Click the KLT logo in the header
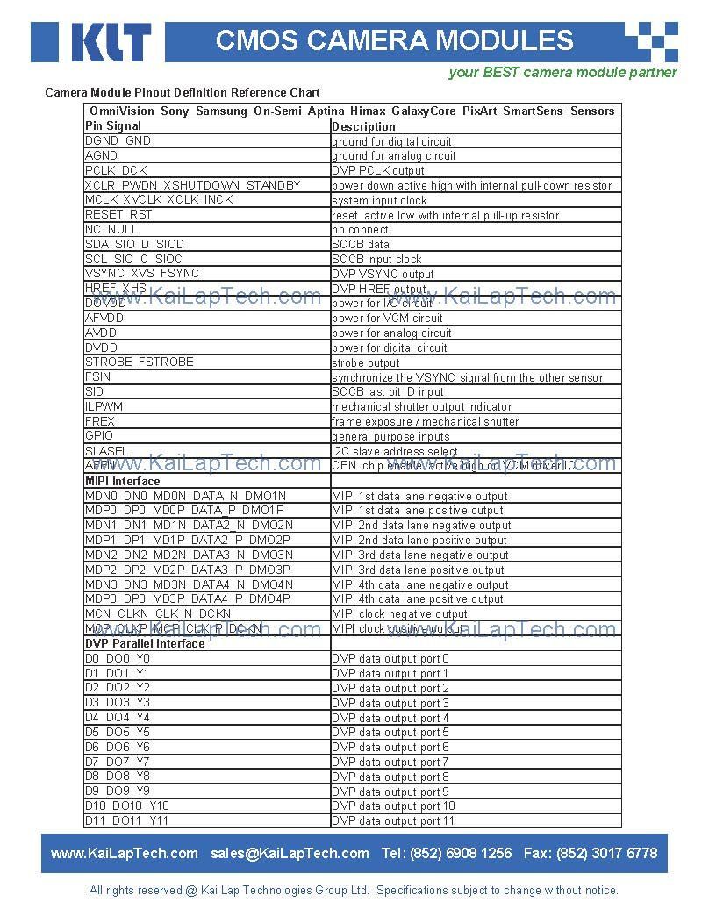click(110, 42)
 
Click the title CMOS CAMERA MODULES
click(394, 40)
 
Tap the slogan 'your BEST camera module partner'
click(562, 73)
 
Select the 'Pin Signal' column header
click(113, 126)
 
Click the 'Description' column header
click(363, 126)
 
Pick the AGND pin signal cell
click(102, 155)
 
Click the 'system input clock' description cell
click(379, 200)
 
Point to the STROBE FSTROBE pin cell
click(140, 362)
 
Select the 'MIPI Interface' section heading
click(123, 481)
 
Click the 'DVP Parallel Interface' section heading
click(145, 643)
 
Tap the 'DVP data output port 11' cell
click(393, 821)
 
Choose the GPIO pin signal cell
click(99, 436)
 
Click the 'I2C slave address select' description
click(395, 451)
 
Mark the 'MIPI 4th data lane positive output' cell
click(418, 599)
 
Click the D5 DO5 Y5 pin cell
click(118, 732)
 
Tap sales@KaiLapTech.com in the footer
click(290, 853)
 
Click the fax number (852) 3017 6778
click(613, 853)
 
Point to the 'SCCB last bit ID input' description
click(388, 392)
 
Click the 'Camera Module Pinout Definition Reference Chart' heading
click(183, 92)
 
